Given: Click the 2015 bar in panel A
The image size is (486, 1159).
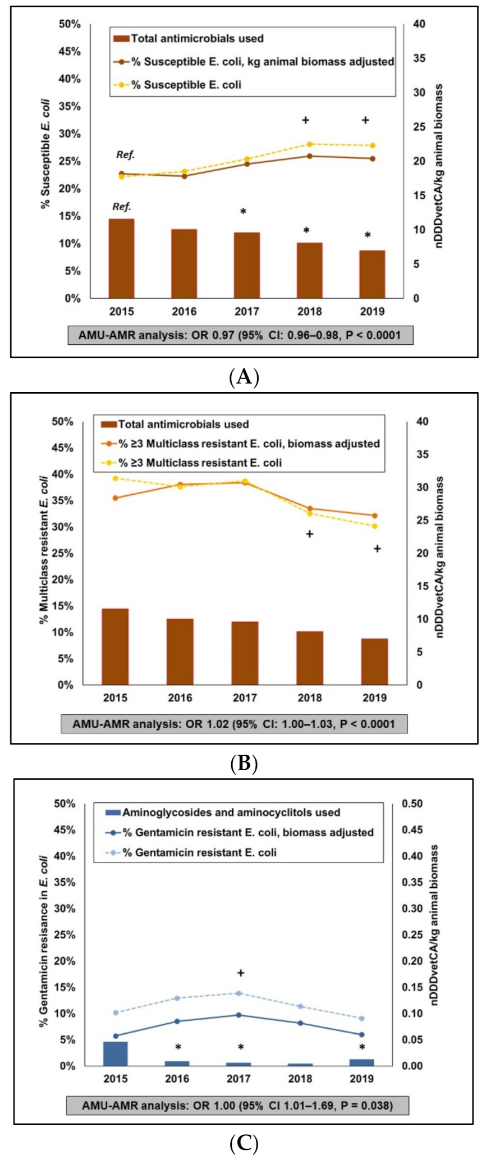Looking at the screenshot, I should point(121,258).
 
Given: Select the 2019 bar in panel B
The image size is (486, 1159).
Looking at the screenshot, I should point(374,661).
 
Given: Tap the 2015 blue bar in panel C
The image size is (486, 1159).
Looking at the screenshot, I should point(115,1053).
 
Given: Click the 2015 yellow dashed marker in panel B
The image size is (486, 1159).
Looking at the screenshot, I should point(115,478).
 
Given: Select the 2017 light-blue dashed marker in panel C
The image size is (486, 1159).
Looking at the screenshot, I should point(239,993).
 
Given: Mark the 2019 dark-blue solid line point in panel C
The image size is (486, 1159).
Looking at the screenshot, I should point(361,1034).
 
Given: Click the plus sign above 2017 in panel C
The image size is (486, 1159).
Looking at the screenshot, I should point(241,973).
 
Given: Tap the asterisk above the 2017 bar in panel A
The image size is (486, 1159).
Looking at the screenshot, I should point(243,212).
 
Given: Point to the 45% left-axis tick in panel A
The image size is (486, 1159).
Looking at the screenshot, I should point(70,52).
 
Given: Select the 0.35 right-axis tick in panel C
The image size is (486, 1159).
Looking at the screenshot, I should point(412,882).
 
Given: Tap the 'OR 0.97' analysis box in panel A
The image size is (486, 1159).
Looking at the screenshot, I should point(240,335).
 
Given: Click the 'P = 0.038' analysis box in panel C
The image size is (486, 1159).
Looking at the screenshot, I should point(237,1105).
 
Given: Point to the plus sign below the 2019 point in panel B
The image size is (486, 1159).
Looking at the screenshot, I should point(377,549).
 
